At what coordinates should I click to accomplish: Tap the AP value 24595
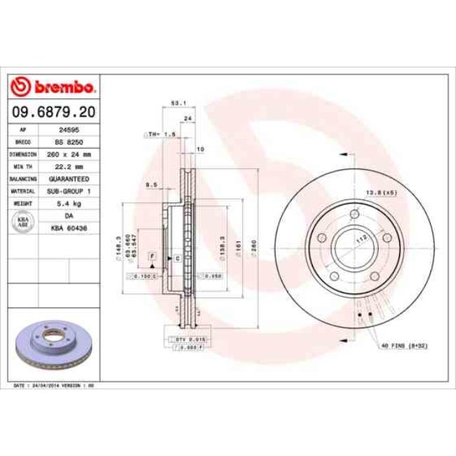tap(68, 130)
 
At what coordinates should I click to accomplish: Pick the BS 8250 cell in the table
tap(68, 142)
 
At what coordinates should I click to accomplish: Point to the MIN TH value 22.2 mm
tap(68, 166)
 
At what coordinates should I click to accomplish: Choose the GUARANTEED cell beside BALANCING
tap(68, 179)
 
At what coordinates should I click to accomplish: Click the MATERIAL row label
tap(23, 190)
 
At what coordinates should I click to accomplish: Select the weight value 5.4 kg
tap(68, 203)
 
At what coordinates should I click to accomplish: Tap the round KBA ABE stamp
tap(23, 222)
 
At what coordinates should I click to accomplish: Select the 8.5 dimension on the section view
tap(150, 185)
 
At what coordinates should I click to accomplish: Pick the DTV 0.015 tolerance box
tap(185, 339)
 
